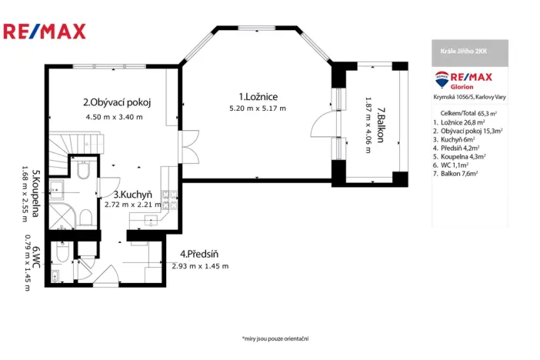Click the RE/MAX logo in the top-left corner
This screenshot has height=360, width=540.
(45, 32)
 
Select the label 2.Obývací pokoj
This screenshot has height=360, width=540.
(117, 102)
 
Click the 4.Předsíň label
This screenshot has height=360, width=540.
(200, 254)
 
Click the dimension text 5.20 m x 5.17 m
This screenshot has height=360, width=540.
(257, 108)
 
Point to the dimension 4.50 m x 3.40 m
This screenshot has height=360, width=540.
(114, 117)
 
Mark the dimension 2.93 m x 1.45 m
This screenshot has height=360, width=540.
(201, 266)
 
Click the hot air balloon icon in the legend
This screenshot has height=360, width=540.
(442, 77)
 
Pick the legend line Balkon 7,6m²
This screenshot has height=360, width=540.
(456, 174)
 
